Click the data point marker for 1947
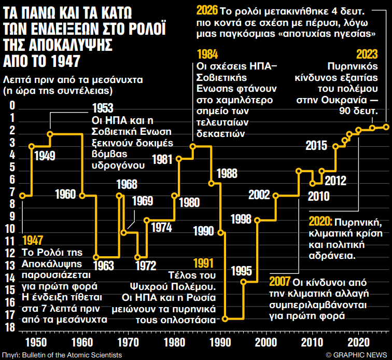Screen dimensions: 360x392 coord(22,196)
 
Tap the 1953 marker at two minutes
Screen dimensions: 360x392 coord(50,134)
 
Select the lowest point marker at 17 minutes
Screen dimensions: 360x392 coord(225,319)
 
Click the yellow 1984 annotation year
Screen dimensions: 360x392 coord(208,54)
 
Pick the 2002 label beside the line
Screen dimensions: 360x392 coord(259,195)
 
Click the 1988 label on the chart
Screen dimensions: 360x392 coord(227,173)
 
